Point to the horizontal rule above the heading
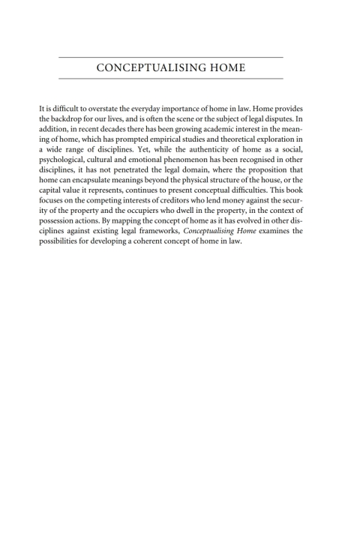click(x=170, y=58)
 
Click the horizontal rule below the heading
click(x=170, y=79)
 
